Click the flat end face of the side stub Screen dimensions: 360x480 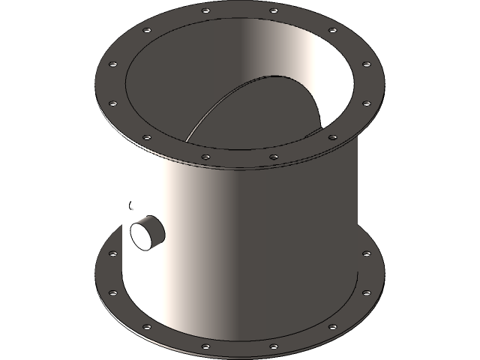[x=141, y=235]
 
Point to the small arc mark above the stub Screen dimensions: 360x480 [x=130, y=204]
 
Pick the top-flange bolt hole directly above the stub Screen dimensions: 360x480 [x=147, y=136]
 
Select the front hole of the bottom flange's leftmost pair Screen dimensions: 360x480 [x=113, y=292]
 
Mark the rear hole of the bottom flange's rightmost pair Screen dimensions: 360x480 [x=367, y=253]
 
